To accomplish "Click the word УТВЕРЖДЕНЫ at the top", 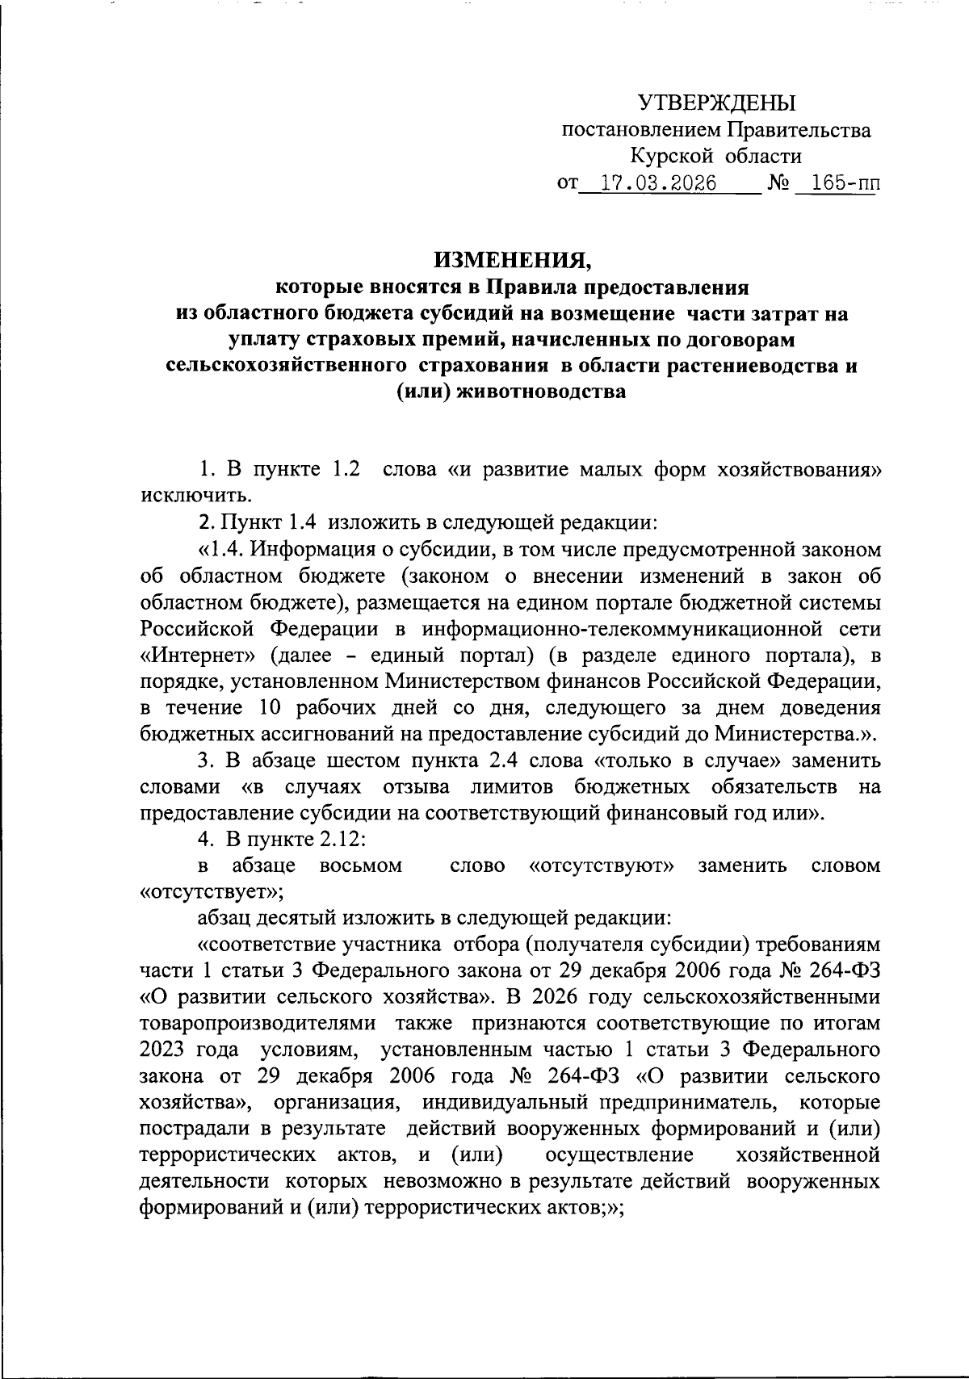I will pyautogui.click(x=716, y=103).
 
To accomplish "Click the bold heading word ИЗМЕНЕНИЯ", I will pyautogui.click(x=513, y=260).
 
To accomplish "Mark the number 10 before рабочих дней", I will pyautogui.click(x=273, y=708).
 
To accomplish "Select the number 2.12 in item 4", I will pyautogui.click(x=340, y=840).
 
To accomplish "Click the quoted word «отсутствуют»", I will pyautogui.click(x=602, y=866).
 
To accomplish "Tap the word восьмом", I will pyautogui.click(x=361, y=866).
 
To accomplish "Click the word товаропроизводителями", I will pyautogui.click(x=258, y=1024).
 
